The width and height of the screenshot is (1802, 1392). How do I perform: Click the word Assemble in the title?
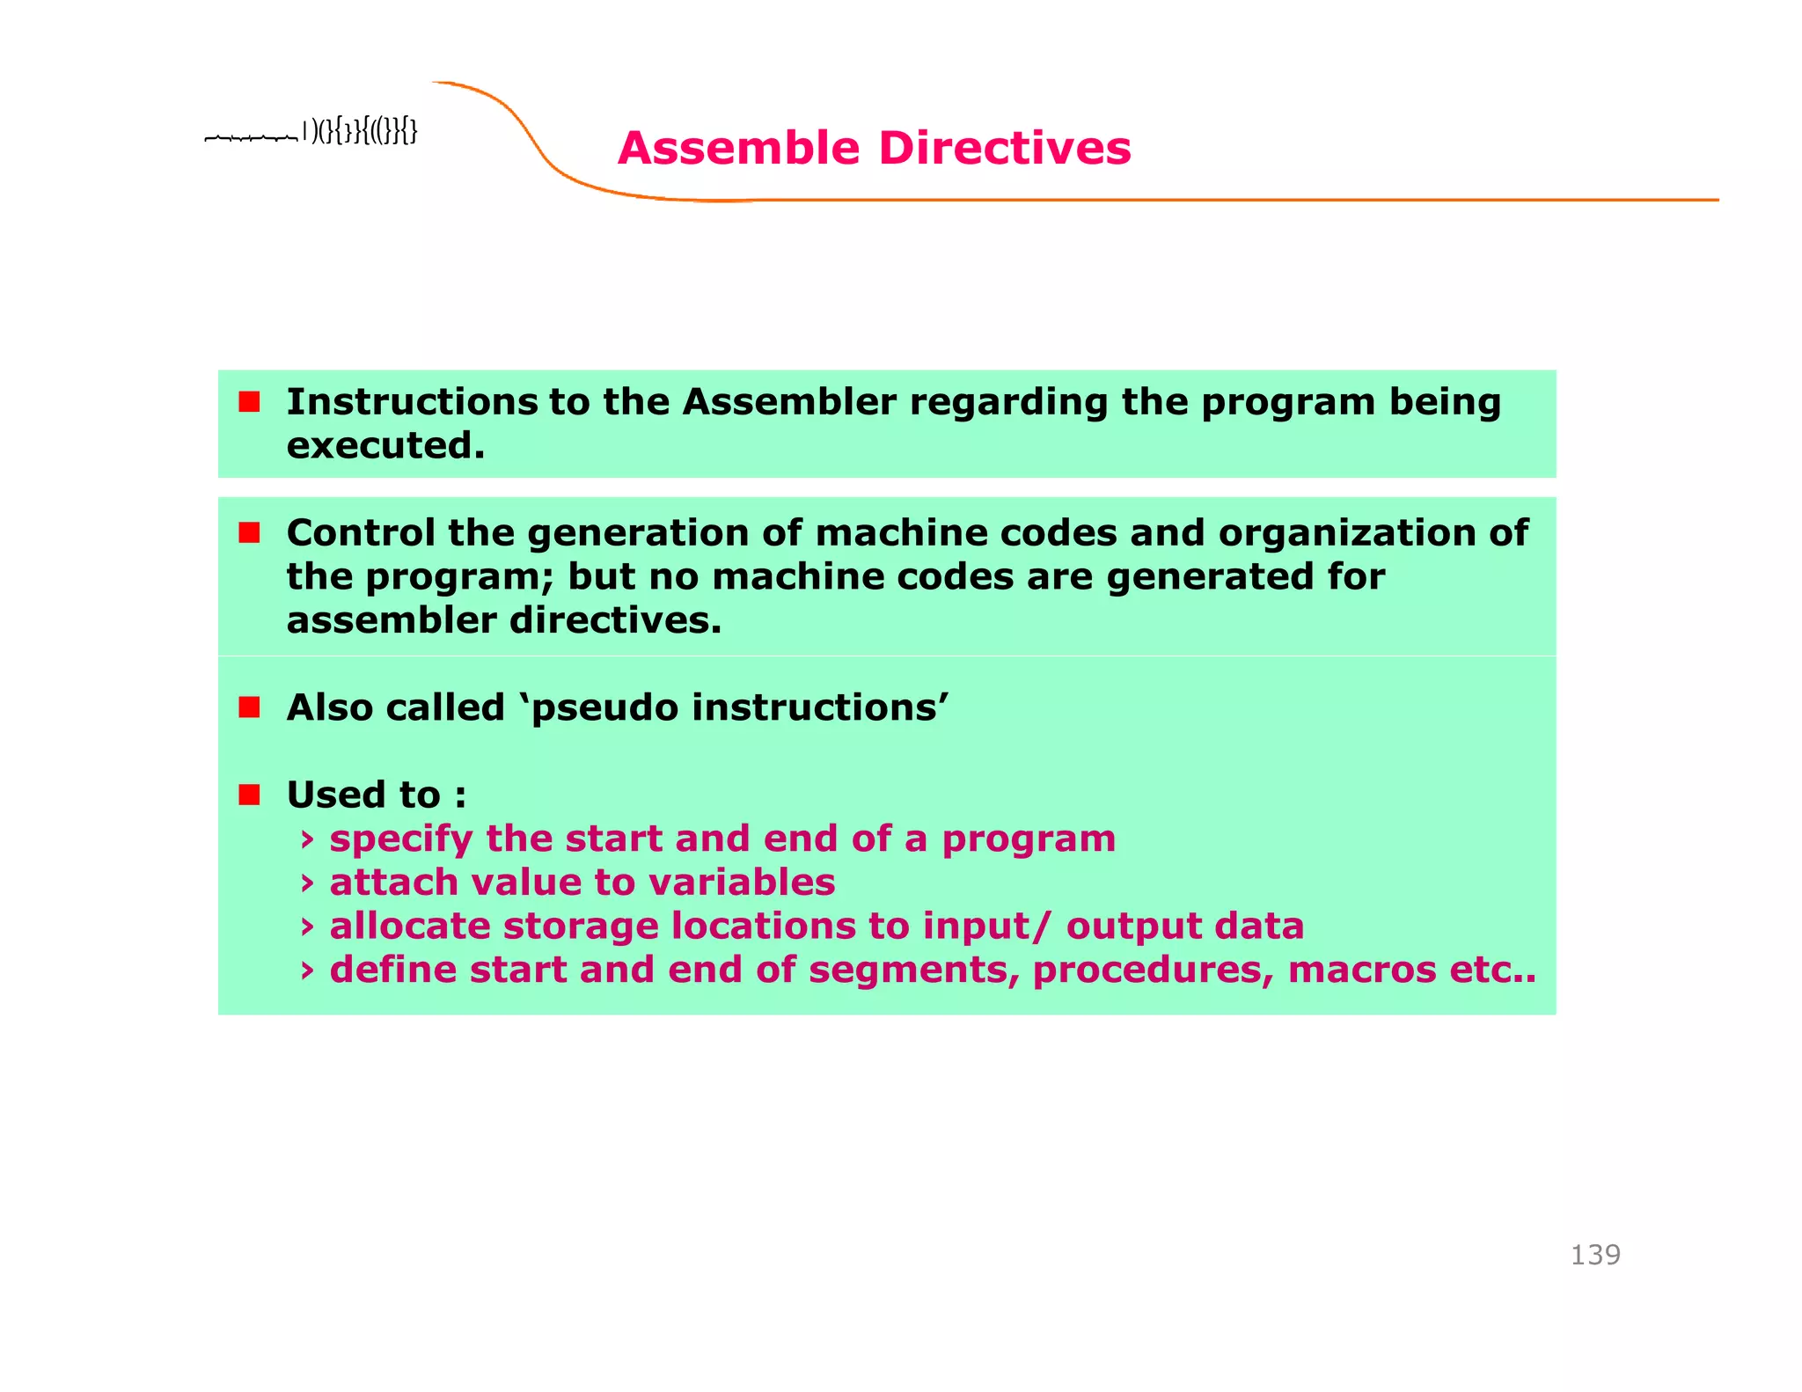(737, 148)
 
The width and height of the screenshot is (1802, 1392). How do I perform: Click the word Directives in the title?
(1004, 148)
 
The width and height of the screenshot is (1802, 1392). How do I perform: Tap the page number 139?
(1594, 1254)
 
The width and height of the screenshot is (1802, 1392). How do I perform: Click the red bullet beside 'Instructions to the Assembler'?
(249, 402)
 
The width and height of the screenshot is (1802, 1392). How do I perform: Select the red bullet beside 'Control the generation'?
(249, 532)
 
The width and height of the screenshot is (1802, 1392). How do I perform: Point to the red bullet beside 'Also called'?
(249, 707)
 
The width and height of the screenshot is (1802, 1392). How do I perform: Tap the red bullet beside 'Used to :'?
(249, 795)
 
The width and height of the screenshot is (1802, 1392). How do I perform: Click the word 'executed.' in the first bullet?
(385, 445)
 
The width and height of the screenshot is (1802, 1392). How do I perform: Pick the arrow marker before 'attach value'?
(307, 883)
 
